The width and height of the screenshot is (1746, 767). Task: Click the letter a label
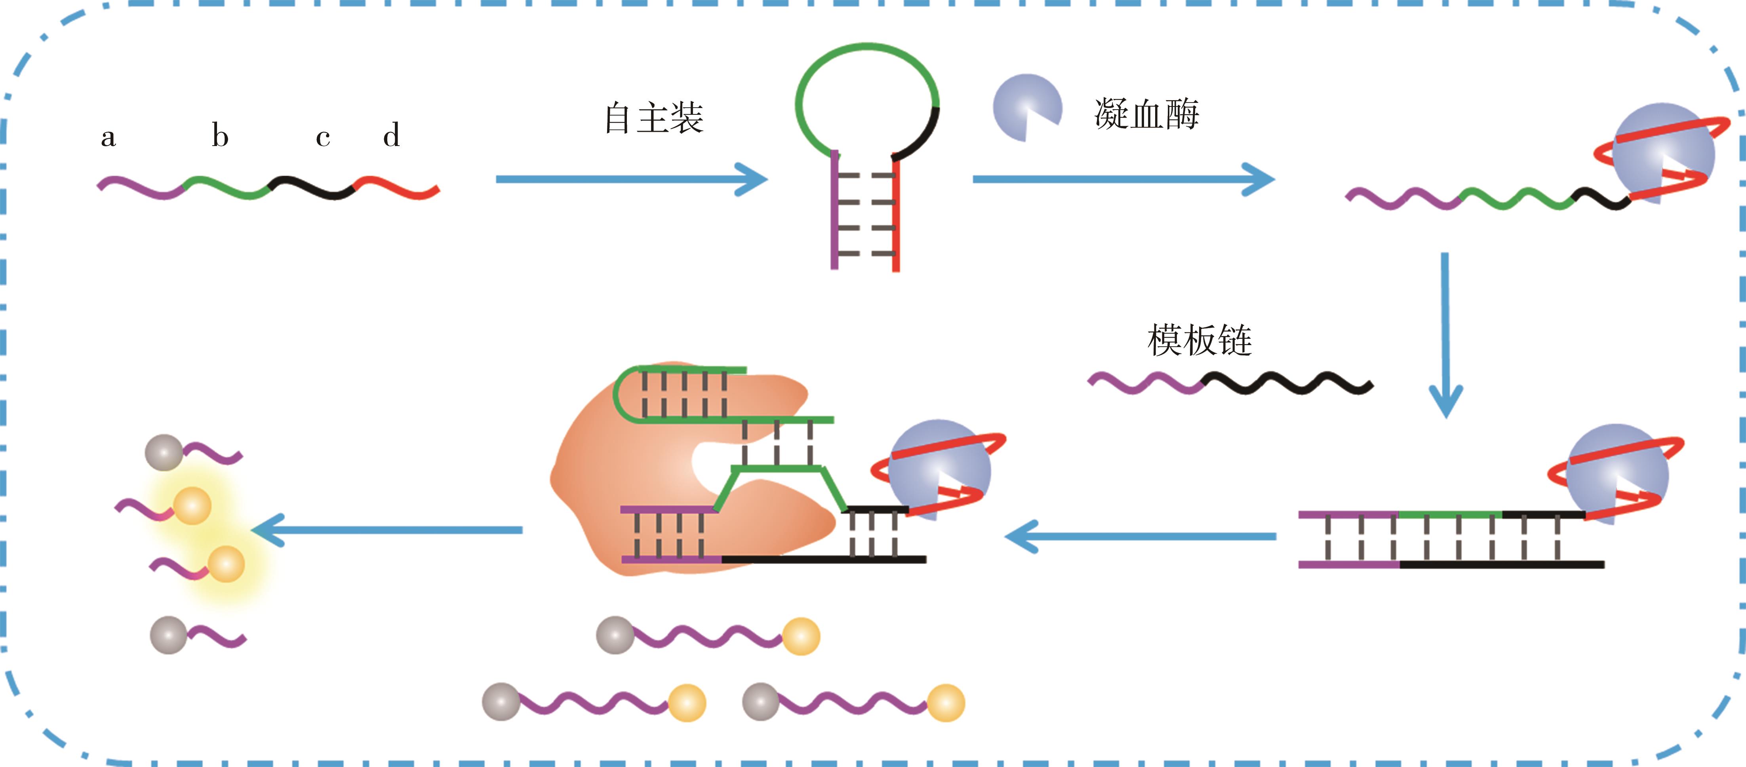109,138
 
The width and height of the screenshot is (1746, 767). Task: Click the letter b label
220,135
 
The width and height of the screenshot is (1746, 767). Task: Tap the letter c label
323,138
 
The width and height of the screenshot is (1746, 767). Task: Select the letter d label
391,135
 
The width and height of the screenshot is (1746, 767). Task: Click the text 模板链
1199,340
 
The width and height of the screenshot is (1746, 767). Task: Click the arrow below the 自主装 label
630,180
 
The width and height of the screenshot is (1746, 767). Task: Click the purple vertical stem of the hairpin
834,210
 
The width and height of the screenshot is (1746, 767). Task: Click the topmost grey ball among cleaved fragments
164,453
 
